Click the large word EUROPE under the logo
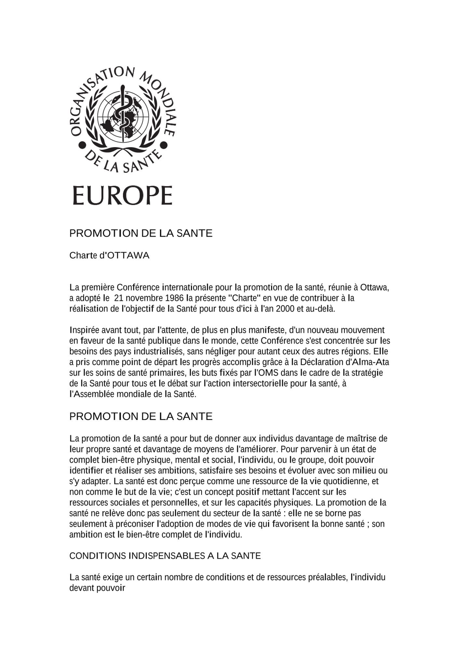coord(122,195)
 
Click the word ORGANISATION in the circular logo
coord(94,94)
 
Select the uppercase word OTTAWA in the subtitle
coord(128,256)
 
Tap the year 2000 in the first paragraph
coord(285,309)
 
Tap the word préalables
coord(328,577)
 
